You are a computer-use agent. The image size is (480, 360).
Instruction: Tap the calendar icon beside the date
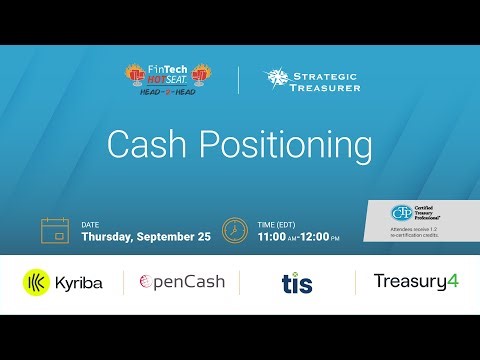(53, 230)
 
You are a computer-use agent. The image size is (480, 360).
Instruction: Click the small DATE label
(91, 224)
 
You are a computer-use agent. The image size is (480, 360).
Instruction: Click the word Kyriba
(81, 283)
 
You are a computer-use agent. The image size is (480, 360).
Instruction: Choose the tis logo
(296, 283)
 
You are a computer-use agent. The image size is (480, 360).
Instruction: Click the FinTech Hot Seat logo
(168, 79)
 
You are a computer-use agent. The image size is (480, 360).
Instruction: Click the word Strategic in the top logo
(322, 73)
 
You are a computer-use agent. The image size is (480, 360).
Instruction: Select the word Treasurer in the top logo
(322, 87)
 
